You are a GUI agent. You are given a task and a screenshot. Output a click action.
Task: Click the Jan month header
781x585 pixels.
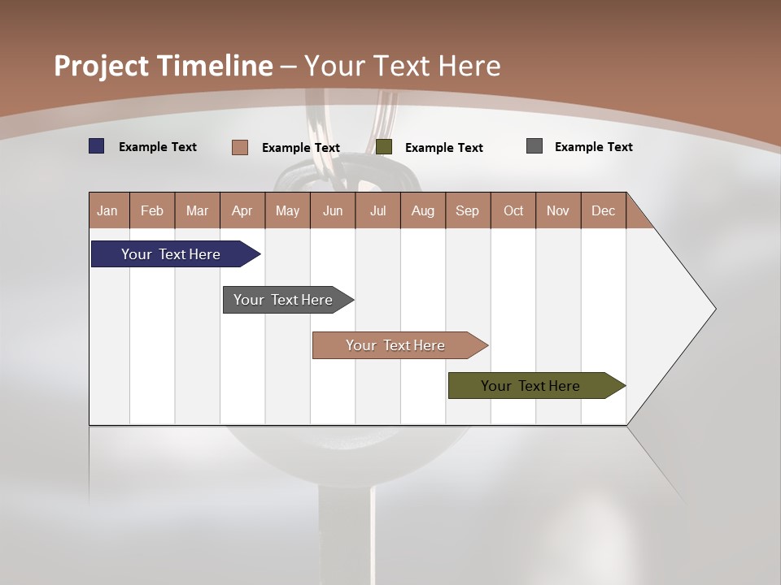click(x=108, y=210)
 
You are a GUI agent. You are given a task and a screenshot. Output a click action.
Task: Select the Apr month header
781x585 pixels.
click(x=242, y=210)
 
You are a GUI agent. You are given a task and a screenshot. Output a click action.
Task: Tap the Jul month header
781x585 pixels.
click(x=377, y=210)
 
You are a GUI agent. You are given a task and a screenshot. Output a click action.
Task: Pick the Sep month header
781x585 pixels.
click(x=468, y=210)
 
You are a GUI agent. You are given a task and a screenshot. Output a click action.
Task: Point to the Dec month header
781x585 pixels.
click(x=603, y=210)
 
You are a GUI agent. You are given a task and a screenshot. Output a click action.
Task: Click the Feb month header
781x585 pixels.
click(x=152, y=210)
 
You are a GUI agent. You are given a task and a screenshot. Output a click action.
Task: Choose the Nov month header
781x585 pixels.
click(x=558, y=210)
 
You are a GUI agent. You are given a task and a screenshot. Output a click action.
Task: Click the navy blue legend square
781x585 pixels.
click(x=97, y=146)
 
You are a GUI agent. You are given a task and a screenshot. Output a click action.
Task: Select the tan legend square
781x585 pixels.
click(x=240, y=147)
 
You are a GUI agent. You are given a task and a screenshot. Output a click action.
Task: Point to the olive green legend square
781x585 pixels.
click(x=384, y=147)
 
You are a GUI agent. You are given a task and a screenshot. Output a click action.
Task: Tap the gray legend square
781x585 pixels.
click(x=534, y=146)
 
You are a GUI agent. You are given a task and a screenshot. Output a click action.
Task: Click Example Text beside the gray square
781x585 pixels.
click(x=594, y=147)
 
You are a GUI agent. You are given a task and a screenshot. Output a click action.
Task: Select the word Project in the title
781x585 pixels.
click(x=101, y=66)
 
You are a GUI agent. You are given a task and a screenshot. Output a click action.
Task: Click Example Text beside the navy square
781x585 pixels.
click(x=158, y=147)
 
